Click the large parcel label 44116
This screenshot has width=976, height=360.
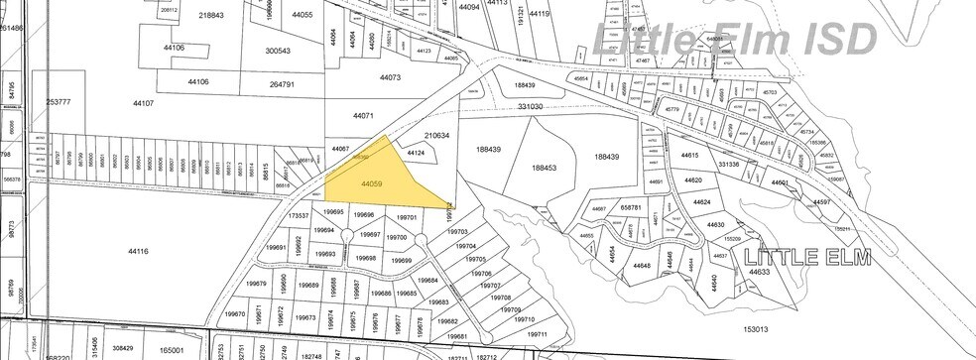click(138, 253)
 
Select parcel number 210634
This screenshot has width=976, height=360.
click(437, 136)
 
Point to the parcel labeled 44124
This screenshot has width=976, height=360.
click(415, 153)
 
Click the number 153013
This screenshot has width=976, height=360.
click(755, 328)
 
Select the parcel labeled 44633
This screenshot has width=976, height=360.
click(760, 272)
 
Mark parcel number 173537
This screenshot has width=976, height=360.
click(300, 215)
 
